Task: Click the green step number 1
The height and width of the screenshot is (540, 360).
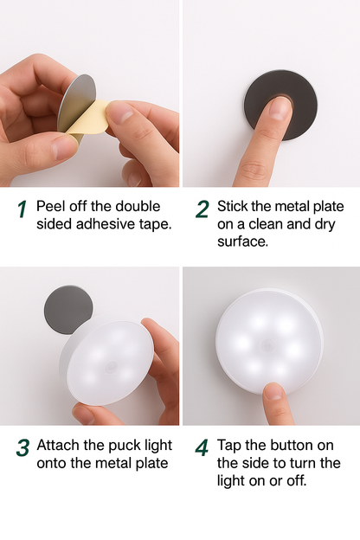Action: click(x=22, y=209)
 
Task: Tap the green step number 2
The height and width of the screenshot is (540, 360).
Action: click(x=202, y=209)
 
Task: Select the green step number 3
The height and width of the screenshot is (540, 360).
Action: click(x=22, y=447)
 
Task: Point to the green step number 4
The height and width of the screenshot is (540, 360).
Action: click(x=202, y=447)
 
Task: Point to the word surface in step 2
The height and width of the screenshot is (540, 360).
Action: click(x=242, y=241)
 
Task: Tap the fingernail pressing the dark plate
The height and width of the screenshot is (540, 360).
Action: click(x=280, y=107)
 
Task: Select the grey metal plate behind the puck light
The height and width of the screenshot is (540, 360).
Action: click(x=68, y=309)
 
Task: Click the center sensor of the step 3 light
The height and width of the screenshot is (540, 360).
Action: click(x=111, y=365)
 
